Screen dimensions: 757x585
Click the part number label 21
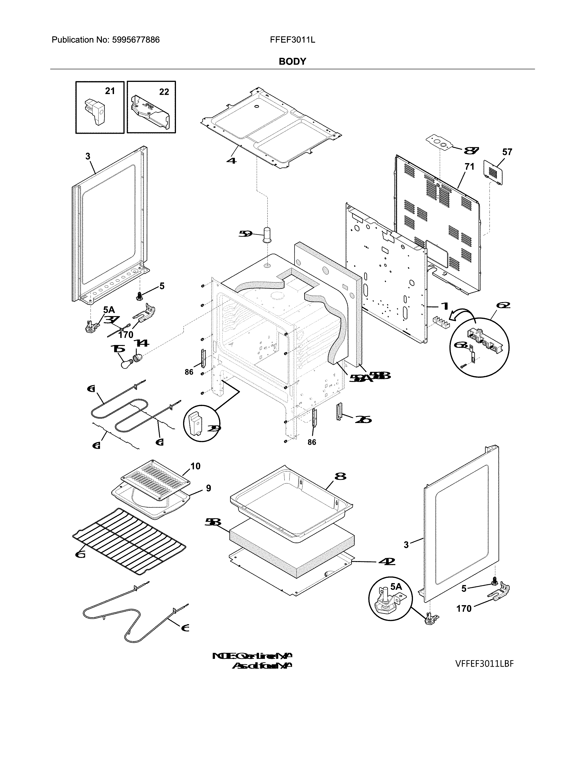pyautogui.click(x=110, y=91)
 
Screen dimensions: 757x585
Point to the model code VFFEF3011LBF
pyautogui.click(x=484, y=663)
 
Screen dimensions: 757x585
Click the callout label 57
pyautogui.click(x=507, y=152)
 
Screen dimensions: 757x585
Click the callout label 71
pyautogui.click(x=469, y=167)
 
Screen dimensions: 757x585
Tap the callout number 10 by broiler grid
pyautogui.click(x=195, y=466)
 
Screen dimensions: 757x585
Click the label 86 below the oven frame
pyautogui.click(x=312, y=442)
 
